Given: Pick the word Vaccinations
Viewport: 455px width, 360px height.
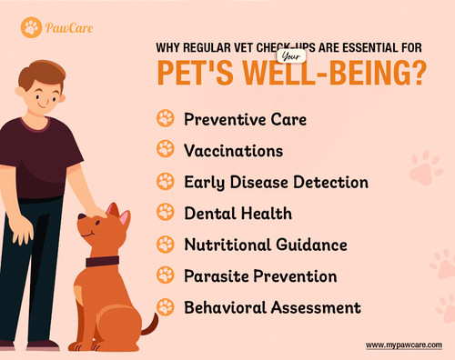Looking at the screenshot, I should tap(234, 150).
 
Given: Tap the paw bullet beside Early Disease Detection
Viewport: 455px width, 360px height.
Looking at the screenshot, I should tap(165, 182).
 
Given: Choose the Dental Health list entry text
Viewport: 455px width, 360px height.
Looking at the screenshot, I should tap(238, 213).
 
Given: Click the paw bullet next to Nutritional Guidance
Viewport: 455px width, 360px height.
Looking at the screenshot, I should tap(165, 244).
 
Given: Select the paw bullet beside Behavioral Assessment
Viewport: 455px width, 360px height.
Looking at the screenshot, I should tap(165, 306).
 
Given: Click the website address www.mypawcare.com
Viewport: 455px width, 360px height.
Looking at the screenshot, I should tap(404, 345).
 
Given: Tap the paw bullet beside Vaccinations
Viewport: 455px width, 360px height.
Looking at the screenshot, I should tap(165, 150).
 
